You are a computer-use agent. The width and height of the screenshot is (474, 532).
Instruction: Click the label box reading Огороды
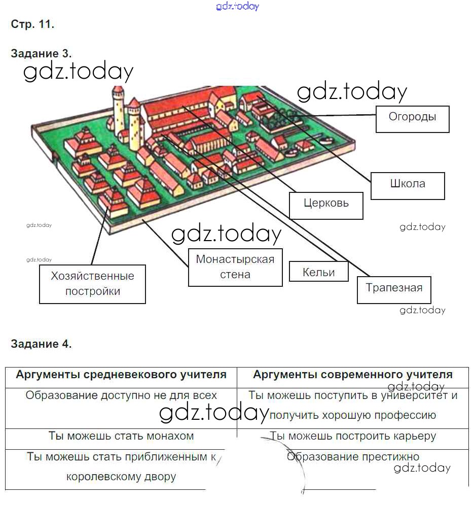coord(412,119)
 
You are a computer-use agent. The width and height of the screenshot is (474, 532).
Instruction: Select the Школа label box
coord(408,186)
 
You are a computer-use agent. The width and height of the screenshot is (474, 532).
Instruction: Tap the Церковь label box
coord(326,206)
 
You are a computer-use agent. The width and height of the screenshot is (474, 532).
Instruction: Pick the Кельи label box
coord(318,271)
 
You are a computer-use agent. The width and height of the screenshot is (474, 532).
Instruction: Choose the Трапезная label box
coord(394,290)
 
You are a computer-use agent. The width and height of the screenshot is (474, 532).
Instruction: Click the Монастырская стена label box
coord(235,268)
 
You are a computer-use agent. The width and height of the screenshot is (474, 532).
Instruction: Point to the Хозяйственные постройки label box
coord(92,284)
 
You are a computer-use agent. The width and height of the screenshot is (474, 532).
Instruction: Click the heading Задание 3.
coord(41,53)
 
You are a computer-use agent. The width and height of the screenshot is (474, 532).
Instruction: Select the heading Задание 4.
coord(41,344)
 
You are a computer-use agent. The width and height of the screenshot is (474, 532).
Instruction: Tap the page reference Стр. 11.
coord(32,24)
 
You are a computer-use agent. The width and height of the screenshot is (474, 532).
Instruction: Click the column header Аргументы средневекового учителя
coord(121,374)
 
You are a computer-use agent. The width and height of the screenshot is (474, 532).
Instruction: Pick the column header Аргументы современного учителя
coord(353,374)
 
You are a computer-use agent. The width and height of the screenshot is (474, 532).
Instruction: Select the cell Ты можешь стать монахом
coord(121,436)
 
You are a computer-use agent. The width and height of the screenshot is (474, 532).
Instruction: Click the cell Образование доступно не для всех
coord(121,395)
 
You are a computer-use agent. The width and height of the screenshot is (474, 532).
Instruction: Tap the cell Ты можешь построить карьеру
coord(353,436)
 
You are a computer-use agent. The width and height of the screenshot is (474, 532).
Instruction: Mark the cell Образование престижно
coord(353,456)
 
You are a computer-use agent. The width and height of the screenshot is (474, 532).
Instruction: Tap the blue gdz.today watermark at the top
coord(238,6)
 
